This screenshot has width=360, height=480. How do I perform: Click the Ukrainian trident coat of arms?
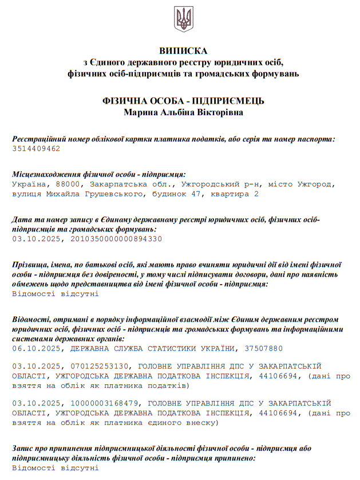183,19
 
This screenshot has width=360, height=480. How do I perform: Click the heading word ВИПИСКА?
183,51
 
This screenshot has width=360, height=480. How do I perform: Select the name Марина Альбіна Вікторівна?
183,112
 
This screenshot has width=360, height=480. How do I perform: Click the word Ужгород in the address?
317,184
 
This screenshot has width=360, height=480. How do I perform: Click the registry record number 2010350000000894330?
116,238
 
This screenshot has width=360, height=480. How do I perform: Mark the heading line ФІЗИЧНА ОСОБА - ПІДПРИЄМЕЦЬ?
183,101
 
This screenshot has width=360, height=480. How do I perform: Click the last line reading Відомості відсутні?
56,468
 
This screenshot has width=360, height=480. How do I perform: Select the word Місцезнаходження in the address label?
48,174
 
